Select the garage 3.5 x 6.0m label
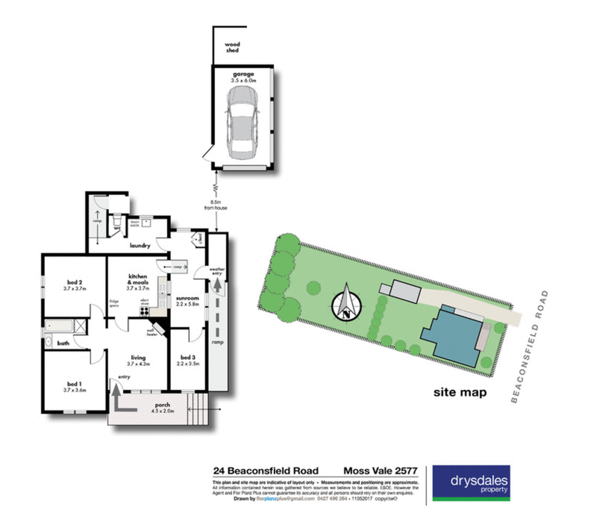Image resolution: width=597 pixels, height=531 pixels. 243,77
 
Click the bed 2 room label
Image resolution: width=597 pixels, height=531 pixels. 75,285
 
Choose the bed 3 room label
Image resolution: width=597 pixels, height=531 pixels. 187,359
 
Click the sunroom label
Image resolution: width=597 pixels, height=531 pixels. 187,300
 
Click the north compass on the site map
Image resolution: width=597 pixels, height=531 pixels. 346,302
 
